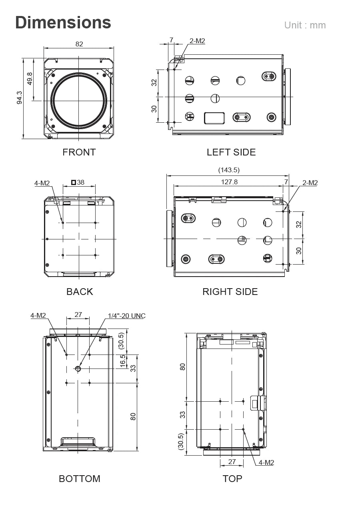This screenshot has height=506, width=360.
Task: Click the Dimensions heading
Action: pyautogui.click(x=63, y=22)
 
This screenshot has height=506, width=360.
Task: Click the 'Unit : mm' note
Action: pyautogui.click(x=305, y=25)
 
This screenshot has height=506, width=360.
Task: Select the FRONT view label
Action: pyautogui.click(x=79, y=152)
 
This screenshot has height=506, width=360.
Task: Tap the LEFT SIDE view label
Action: pyautogui.click(x=231, y=152)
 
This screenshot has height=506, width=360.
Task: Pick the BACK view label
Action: pyautogui.click(x=80, y=292)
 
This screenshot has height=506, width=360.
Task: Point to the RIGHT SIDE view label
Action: pyautogui.click(x=230, y=292)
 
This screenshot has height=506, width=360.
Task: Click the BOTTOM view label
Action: pyautogui.click(x=80, y=479)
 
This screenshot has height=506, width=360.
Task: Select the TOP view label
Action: pyautogui.click(x=232, y=479)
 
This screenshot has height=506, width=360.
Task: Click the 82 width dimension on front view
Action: pyautogui.click(x=79, y=44)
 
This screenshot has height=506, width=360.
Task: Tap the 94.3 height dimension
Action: pyautogui.click(x=19, y=98)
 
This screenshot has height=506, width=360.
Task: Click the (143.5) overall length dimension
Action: pyautogui.click(x=229, y=170)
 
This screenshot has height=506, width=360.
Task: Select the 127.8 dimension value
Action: pyautogui.click(x=229, y=182)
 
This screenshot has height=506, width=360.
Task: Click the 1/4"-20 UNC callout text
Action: pyautogui.click(x=127, y=316)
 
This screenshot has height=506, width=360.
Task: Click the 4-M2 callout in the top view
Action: pyautogui.click(x=266, y=462)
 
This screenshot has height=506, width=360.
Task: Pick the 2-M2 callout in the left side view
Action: pyautogui.click(x=197, y=40)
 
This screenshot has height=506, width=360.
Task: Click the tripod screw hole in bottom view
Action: pyautogui.click(x=78, y=369)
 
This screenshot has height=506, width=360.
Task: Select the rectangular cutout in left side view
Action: pyautogui.click(x=214, y=118)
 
